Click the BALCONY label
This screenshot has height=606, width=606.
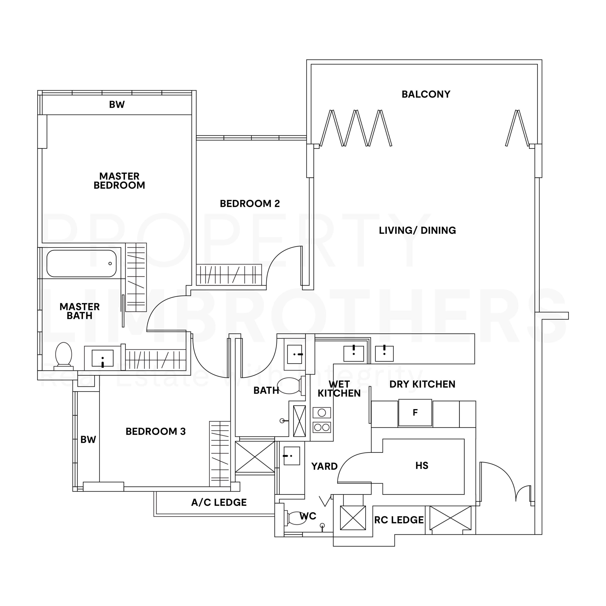pos(426,94)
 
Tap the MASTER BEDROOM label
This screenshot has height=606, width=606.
pos(119,181)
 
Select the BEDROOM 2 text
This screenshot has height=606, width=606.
pos(250,204)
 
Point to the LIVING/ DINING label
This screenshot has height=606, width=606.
pos(417,230)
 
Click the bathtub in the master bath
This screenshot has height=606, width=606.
pos(82,263)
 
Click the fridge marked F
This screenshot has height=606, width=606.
pos(415,412)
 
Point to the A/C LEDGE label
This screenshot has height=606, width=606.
pos(219,503)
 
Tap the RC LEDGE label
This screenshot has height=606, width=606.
pos(399,520)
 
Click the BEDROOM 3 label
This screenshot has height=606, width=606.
pos(156,431)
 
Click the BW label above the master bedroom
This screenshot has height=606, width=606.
pos(117,104)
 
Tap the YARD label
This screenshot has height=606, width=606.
pos(324,466)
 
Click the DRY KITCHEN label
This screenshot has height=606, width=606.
pos(422,384)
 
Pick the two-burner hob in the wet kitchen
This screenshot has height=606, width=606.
pos(322,427)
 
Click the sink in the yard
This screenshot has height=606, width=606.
pos(291,456)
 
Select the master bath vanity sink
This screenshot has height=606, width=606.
pos(102,358)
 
